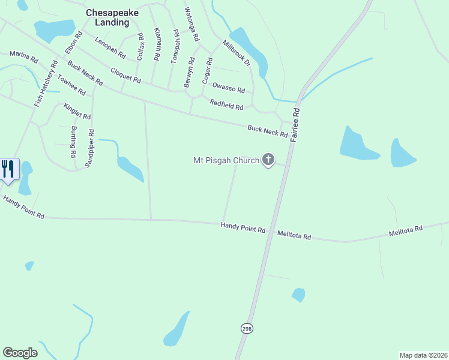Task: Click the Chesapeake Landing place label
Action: coord(107,17)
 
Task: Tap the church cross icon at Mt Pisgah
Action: coord(268,160)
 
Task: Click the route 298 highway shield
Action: coord(247,328)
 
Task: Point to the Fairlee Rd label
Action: coord(295,125)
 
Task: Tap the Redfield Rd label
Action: coord(226,105)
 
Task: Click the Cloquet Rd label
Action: coord(126,76)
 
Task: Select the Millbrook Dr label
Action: coord(234,53)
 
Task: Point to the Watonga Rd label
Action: coord(191,24)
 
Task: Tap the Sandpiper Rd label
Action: coord(89,149)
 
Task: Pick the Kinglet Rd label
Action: coord(77,111)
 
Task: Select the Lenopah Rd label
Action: coord(110,47)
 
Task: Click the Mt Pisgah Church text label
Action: coord(226,160)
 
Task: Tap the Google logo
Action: coord(20,353)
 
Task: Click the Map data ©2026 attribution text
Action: coord(423,355)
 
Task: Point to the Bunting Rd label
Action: coord(73,142)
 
